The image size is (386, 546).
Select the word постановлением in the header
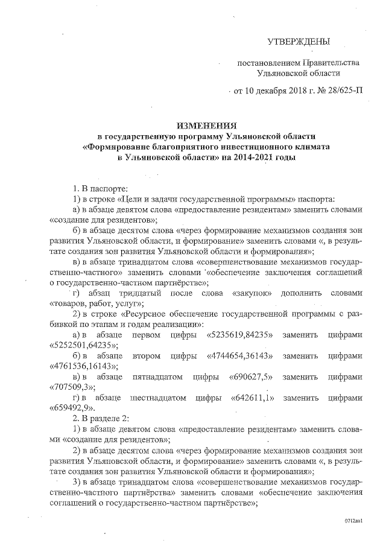[x=266, y=63]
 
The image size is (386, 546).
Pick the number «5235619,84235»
[x=241, y=334]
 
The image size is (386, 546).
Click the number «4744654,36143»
[x=241, y=355]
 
